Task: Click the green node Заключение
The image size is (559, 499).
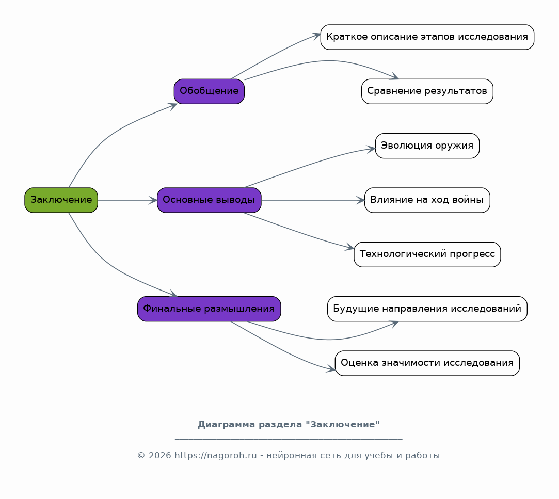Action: coord(61,200)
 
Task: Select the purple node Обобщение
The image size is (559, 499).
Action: coord(209,92)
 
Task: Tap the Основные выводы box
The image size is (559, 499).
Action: coord(209,200)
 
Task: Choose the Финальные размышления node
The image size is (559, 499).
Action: coord(209,309)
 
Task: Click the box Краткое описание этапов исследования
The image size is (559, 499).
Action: coord(427,37)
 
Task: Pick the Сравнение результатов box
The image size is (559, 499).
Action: coord(427,92)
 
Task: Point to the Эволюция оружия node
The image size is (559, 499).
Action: coord(427,146)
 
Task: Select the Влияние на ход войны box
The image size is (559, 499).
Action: coord(427,200)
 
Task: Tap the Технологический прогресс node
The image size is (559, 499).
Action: coord(427,254)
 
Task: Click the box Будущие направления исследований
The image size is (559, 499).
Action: coord(427,309)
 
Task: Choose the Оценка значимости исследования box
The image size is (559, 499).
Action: coord(427,363)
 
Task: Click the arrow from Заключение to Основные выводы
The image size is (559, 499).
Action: coord(127,200)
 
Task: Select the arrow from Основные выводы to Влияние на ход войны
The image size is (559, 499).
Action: coord(313,200)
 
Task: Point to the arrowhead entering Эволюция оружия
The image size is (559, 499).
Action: coord(371,149)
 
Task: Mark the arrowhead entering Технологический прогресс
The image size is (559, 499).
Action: coord(350,247)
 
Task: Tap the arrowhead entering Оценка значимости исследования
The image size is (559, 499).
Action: coord(331,369)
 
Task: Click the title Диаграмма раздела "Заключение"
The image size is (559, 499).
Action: coord(289,425)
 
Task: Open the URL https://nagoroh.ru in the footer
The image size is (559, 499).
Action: coord(215,456)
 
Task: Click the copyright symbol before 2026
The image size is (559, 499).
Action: coord(141,456)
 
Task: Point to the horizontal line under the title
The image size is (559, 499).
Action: coord(289,439)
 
